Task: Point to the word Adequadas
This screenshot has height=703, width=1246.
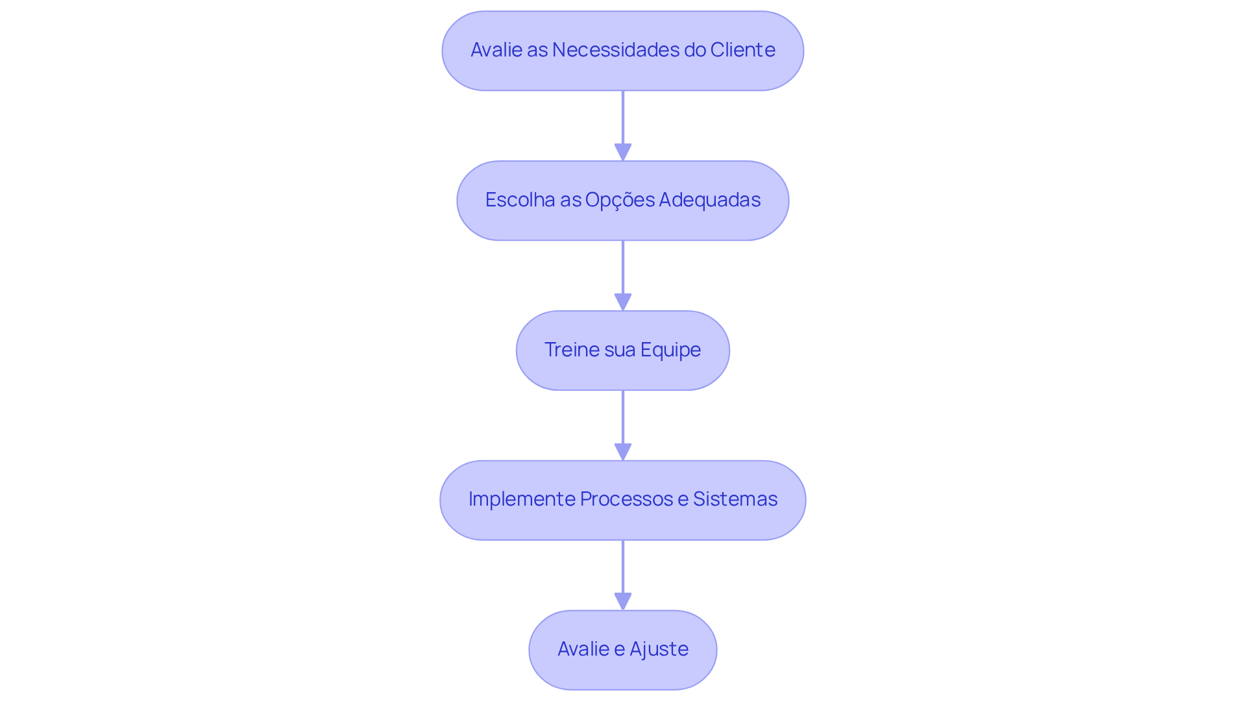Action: [709, 200]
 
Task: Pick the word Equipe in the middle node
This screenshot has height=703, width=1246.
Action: [670, 350]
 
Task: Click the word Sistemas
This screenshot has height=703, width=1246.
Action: [735, 499]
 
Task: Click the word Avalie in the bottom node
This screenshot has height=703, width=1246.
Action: [583, 649]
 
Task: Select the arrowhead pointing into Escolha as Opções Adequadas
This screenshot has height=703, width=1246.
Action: [623, 153]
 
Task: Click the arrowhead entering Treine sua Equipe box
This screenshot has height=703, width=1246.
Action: [623, 302]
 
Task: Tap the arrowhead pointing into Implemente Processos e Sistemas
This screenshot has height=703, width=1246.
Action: [623, 452]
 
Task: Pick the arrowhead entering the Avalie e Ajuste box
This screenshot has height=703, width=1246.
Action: [623, 602]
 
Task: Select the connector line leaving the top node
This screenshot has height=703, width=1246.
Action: [623, 117]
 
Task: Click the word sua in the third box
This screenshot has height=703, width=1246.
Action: [619, 350]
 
